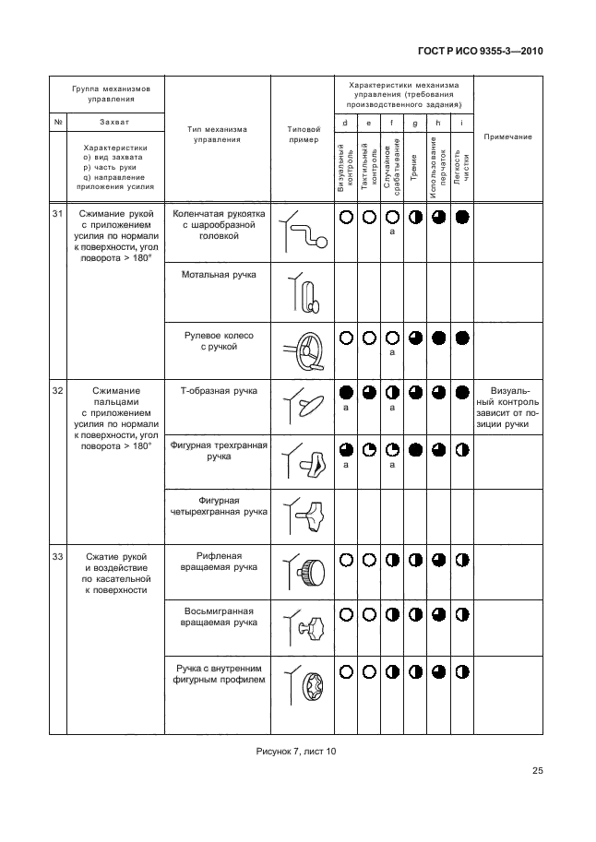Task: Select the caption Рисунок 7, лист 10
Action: [295, 751]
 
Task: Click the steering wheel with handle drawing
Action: [304, 350]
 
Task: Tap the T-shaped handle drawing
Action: [304, 407]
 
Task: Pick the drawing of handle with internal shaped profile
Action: [304, 685]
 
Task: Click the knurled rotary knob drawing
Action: [304, 572]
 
